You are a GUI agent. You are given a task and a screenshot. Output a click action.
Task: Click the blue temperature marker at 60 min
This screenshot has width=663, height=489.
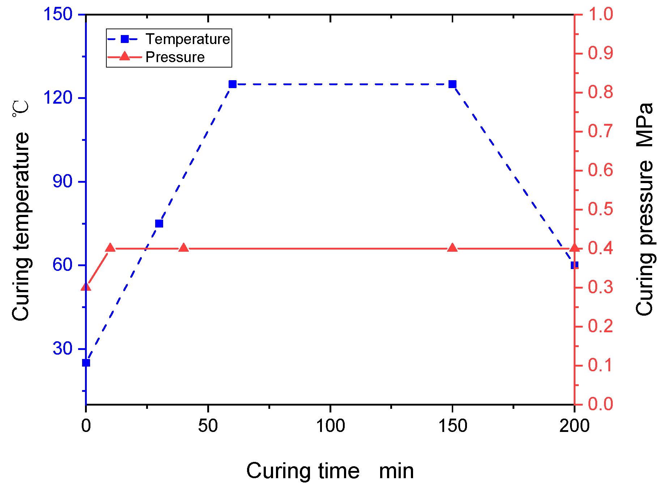click(x=233, y=84)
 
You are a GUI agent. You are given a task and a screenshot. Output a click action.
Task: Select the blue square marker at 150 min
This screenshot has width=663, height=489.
click(x=452, y=84)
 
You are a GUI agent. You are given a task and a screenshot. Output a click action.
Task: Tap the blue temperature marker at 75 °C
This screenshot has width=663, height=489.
click(x=159, y=224)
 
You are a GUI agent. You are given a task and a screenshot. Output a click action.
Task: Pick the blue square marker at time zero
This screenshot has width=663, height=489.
click(x=86, y=363)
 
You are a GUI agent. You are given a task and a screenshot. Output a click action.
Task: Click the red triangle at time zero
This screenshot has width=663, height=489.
click(x=86, y=287)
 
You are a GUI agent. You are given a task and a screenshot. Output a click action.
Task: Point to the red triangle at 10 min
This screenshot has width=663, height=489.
click(x=110, y=248)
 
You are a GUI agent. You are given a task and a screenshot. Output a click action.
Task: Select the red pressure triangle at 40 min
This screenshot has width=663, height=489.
click(x=184, y=248)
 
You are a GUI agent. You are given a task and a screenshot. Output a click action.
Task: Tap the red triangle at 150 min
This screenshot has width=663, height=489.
click(x=452, y=248)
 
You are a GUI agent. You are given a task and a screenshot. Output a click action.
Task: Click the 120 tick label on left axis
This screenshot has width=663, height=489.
click(x=58, y=98)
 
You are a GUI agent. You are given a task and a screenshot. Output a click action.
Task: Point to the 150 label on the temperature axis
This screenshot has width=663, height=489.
click(x=58, y=14)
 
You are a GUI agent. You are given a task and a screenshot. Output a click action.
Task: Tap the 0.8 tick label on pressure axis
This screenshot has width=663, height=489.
click(x=600, y=92)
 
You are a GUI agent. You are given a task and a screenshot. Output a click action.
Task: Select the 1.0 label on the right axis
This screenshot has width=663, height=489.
click(x=600, y=14)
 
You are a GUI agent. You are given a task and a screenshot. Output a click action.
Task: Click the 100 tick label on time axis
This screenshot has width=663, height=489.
click(x=330, y=426)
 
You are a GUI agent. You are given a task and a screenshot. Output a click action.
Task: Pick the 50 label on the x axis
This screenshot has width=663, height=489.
click(x=208, y=426)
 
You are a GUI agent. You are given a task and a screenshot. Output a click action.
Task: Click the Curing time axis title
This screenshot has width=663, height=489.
click(x=330, y=471)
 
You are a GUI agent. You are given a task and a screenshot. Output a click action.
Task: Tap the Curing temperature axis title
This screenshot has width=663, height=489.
click(x=21, y=211)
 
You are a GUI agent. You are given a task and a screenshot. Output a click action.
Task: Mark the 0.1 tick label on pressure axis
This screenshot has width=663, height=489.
click(x=600, y=365)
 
